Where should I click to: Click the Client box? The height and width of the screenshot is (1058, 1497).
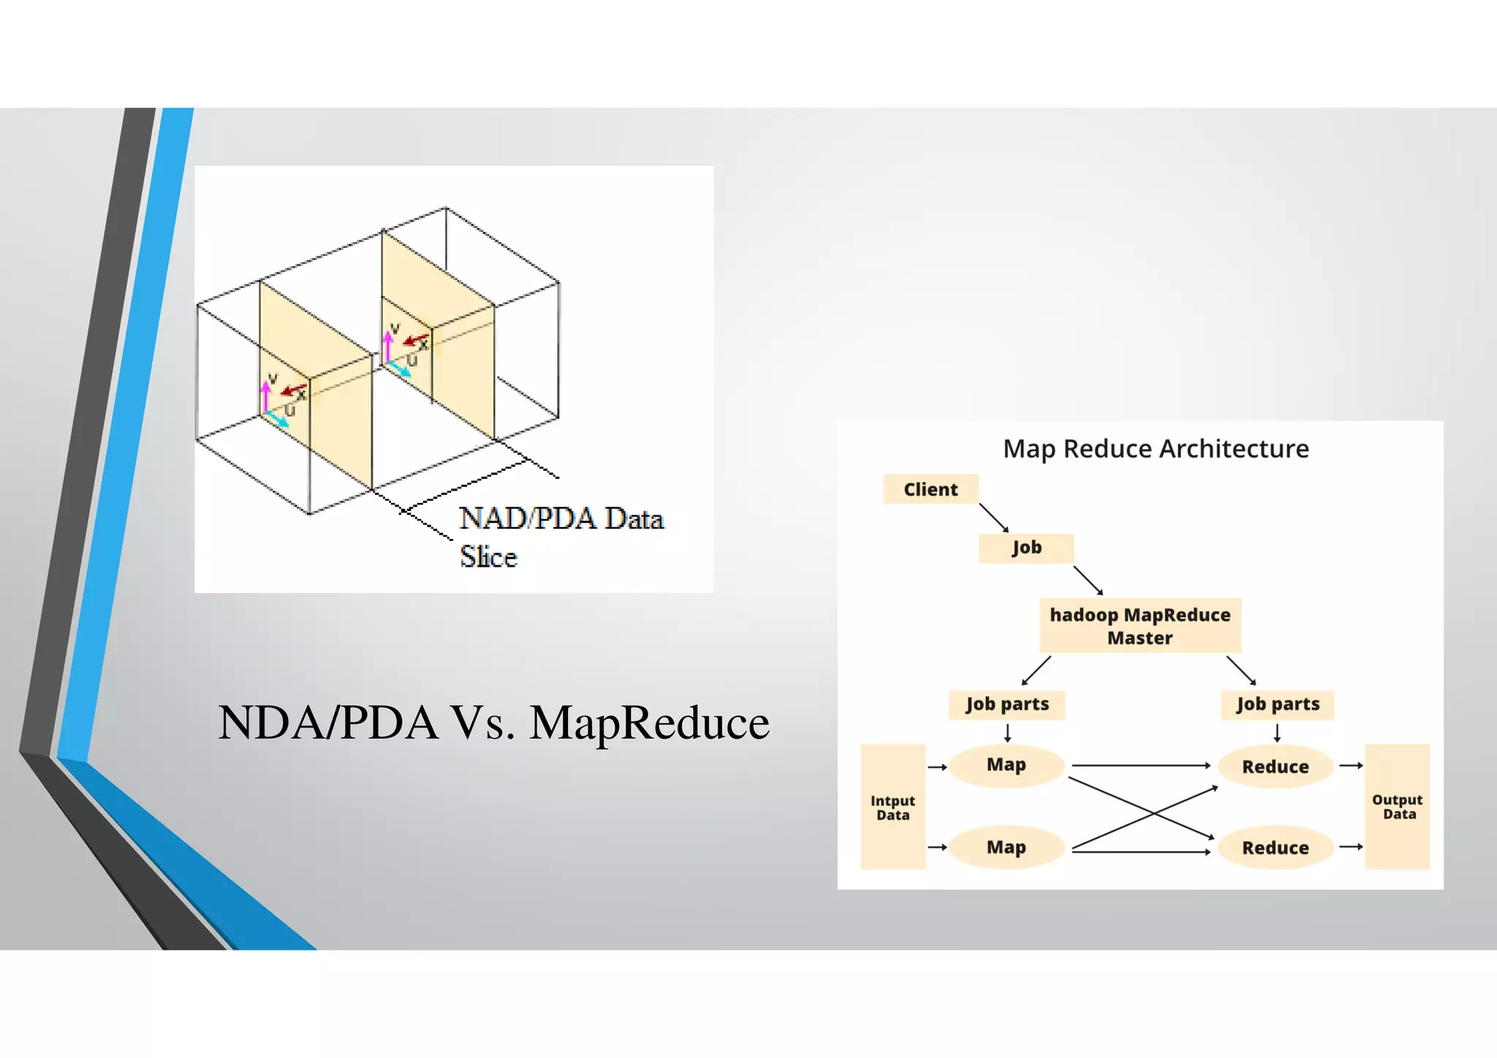(x=930, y=489)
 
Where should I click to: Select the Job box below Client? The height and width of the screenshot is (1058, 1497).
(x=1026, y=548)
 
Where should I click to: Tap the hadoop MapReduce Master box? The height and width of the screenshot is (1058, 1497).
(x=1140, y=626)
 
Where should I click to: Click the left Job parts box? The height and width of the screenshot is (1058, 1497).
(x=1007, y=704)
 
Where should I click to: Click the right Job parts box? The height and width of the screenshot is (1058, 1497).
(x=1277, y=704)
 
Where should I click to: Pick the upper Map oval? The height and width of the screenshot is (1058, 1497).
(x=1006, y=765)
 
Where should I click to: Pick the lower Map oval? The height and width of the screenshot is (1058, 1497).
(x=1006, y=847)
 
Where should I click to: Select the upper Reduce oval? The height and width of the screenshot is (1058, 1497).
(x=1275, y=766)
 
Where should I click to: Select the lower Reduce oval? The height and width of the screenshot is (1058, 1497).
(x=1275, y=847)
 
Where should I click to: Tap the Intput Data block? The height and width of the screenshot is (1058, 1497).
(x=892, y=807)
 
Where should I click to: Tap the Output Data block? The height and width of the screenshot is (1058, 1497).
(x=1397, y=806)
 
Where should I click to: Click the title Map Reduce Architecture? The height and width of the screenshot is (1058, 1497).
(x=1155, y=448)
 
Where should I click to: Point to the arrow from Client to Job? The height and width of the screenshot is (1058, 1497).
(x=993, y=517)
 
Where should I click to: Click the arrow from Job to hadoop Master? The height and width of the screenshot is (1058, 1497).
(x=1088, y=580)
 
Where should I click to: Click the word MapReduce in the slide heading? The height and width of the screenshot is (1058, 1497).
(x=649, y=723)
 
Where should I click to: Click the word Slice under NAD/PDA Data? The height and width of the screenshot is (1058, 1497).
(x=488, y=557)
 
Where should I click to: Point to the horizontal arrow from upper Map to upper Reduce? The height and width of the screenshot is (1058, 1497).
(x=1140, y=766)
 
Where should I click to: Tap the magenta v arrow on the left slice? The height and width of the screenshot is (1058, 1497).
(x=266, y=397)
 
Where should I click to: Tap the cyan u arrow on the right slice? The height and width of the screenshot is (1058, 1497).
(x=400, y=369)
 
